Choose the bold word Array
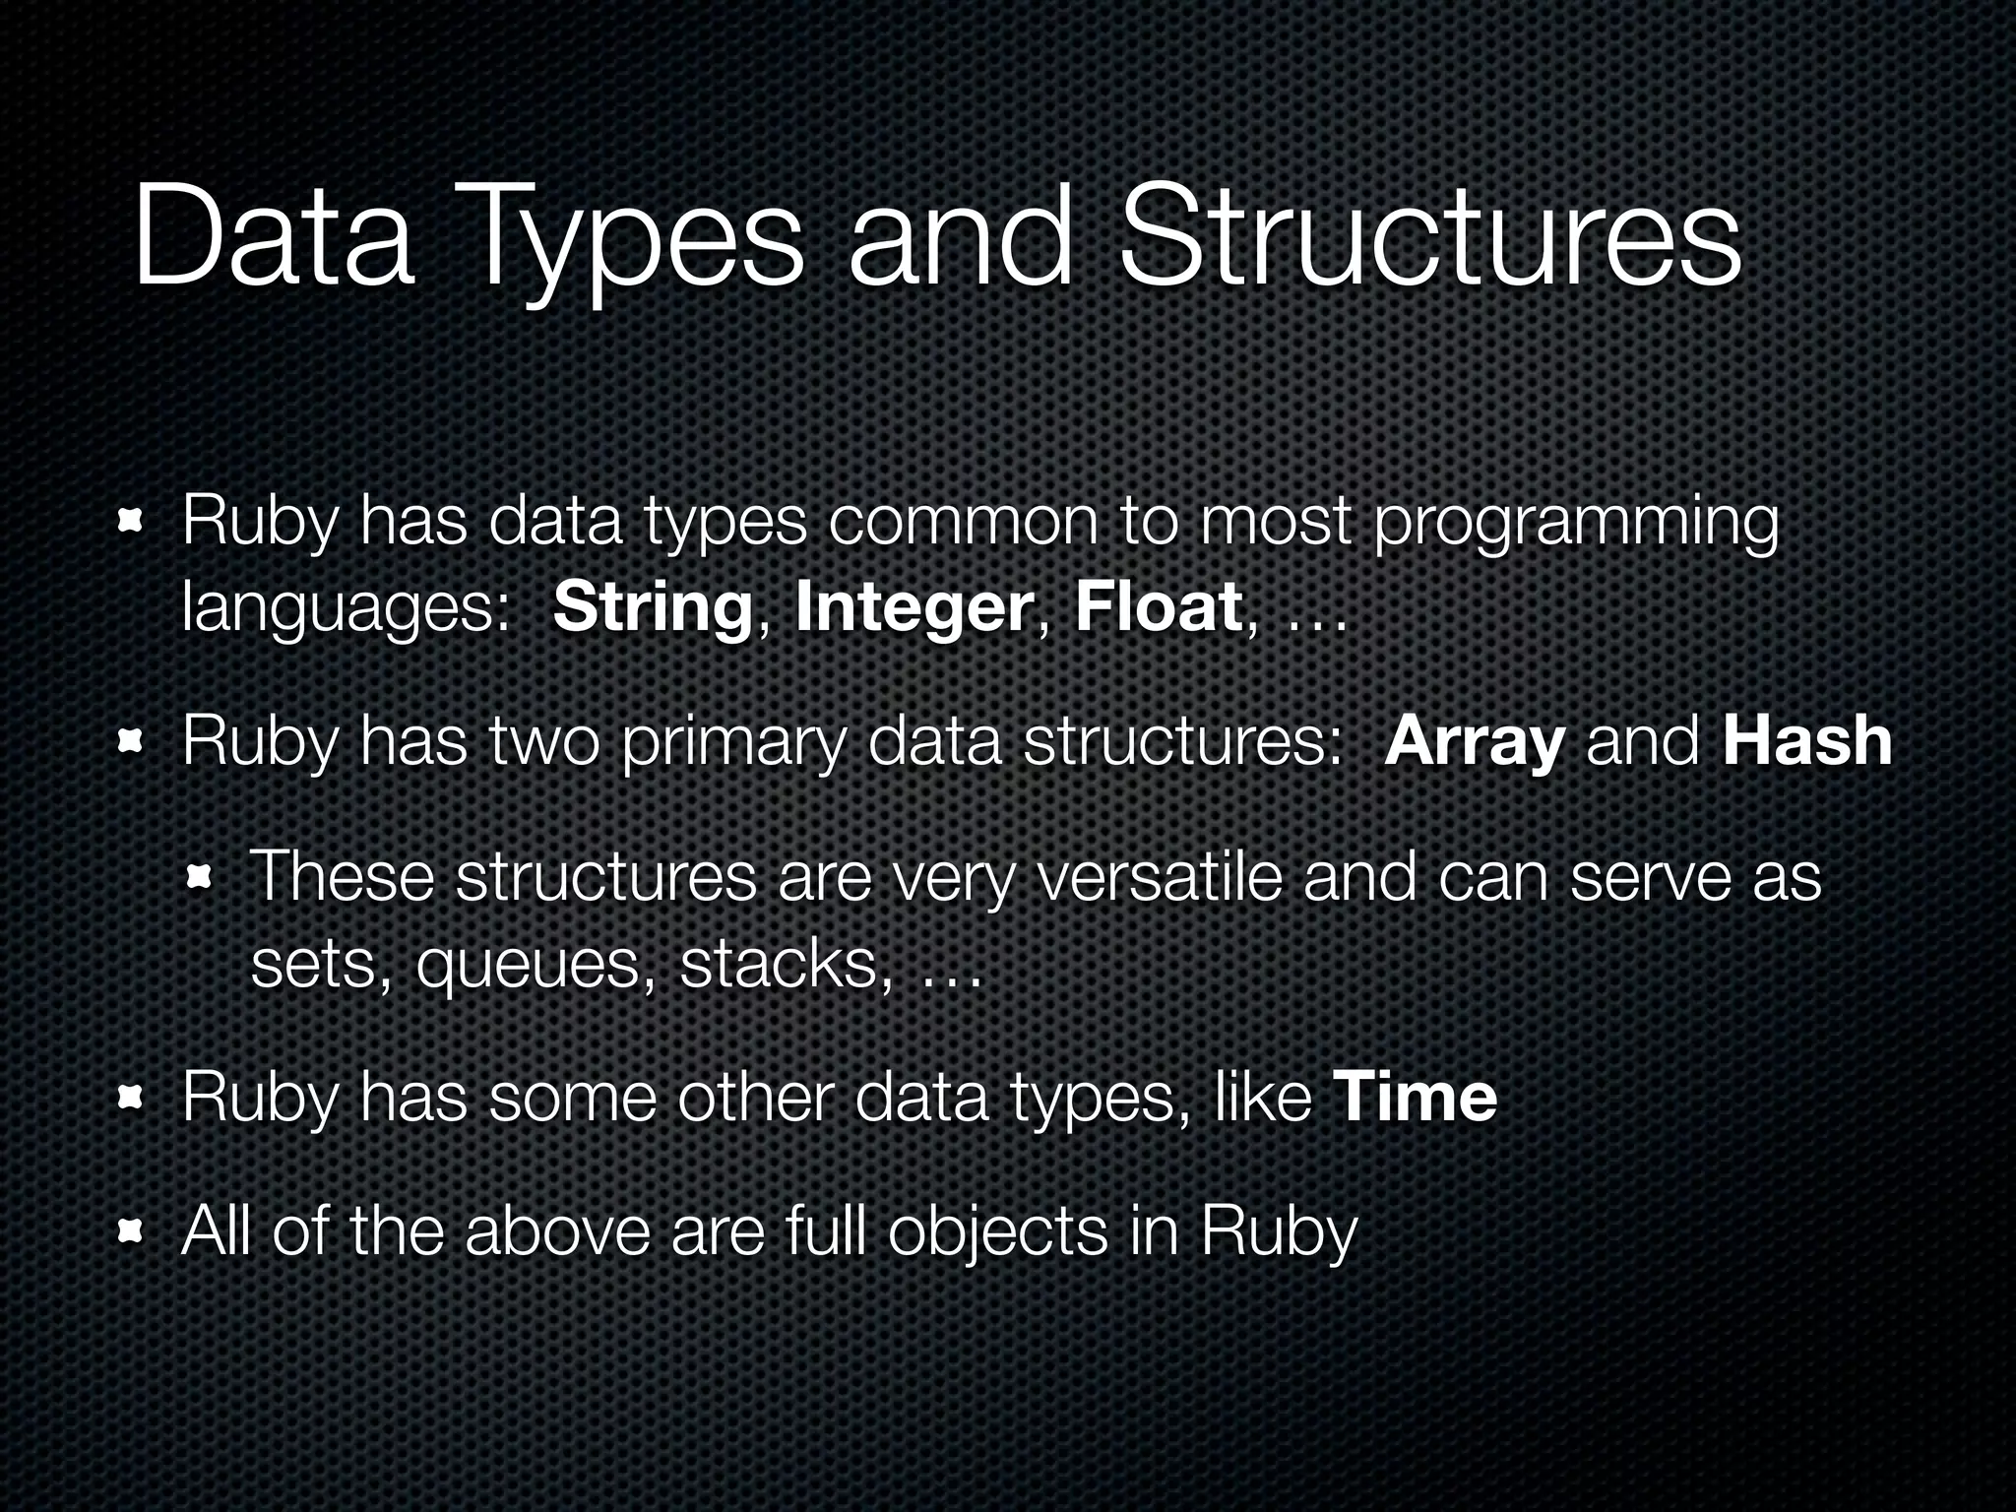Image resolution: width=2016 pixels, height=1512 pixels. coord(1474,743)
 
